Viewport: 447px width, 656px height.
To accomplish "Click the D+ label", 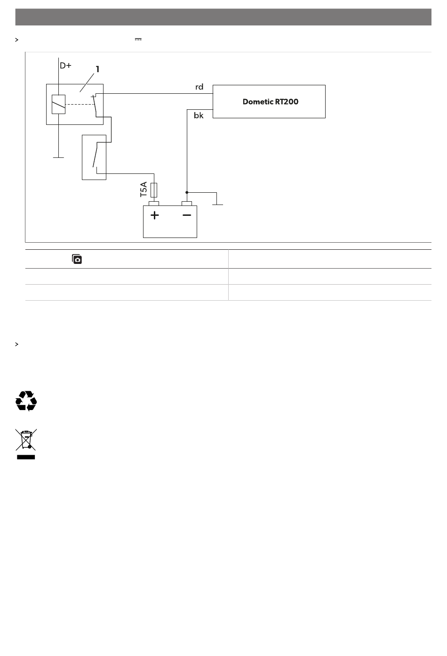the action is click(x=65, y=66).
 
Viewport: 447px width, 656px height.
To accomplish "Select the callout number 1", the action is click(x=97, y=69).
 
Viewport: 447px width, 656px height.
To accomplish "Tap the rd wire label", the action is click(x=200, y=87).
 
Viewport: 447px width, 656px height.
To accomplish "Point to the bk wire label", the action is click(x=199, y=115).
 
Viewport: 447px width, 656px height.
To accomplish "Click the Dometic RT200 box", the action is click(x=269, y=101).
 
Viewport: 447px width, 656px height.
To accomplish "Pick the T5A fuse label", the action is click(x=144, y=189).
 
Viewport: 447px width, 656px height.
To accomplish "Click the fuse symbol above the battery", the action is click(x=154, y=190).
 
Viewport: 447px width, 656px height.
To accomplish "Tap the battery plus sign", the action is click(x=154, y=216).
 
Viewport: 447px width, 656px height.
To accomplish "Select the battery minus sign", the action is click(x=187, y=216).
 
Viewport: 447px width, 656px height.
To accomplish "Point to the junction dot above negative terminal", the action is click(x=187, y=192).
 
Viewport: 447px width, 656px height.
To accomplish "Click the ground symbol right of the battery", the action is click(x=217, y=204).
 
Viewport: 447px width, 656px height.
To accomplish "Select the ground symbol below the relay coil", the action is click(x=58, y=157).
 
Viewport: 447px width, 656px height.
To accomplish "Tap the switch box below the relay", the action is click(x=94, y=157).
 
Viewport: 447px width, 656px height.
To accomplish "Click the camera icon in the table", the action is click(x=77, y=259).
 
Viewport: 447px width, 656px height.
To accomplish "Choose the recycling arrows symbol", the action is click(x=26, y=401).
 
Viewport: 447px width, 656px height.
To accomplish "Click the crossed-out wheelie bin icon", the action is click(x=26, y=443).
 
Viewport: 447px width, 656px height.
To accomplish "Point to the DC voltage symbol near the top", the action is click(x=138, y=40).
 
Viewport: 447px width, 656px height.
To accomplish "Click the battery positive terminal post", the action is click(x=154, y=204).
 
